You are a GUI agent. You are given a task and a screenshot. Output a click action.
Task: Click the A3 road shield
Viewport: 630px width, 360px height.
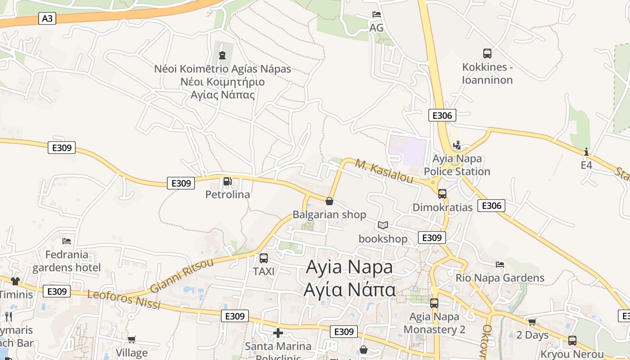pos(47,18)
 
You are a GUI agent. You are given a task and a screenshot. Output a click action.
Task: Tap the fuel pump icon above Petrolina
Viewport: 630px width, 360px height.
pos(228,182)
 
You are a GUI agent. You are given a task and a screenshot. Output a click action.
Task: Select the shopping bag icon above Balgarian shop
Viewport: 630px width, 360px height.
pos(329,201)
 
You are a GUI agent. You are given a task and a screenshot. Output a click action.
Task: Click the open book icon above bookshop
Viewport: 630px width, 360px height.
pos(383,225)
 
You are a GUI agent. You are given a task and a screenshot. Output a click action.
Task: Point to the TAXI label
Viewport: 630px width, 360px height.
pos(264,271)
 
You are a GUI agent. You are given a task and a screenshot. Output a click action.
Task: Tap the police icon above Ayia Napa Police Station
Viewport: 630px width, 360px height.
pos(457,145)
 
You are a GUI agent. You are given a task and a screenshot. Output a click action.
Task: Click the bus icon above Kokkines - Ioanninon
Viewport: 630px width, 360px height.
pos(487,54)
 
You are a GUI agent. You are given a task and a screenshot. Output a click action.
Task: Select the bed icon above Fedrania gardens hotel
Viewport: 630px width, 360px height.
pos(67,241)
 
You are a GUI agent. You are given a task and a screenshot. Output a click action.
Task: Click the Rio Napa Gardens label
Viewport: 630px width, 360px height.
pos(500,278)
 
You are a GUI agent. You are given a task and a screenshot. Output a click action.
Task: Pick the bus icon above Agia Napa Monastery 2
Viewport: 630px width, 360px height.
pos(434,303)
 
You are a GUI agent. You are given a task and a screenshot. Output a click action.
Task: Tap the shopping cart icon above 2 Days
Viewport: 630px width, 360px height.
pos(532,322)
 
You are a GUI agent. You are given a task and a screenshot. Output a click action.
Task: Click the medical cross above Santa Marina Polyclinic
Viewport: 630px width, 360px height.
pos(278,333)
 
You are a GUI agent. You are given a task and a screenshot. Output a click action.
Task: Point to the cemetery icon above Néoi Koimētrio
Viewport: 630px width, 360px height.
pos(222,55)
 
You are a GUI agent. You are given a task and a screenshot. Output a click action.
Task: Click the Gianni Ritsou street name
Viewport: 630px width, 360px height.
pos(182,275)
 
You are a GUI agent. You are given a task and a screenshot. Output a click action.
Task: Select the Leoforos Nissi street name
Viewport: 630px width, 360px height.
pos(124,300)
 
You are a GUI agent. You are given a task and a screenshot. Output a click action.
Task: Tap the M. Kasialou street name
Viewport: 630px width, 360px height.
pos(384,171)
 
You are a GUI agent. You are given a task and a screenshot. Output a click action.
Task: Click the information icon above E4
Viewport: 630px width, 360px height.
pos(586,152)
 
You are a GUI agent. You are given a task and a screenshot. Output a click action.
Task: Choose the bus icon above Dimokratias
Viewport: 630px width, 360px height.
pos(442,194)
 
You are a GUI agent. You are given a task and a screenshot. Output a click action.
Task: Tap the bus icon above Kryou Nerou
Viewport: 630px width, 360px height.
pos(572,341)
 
